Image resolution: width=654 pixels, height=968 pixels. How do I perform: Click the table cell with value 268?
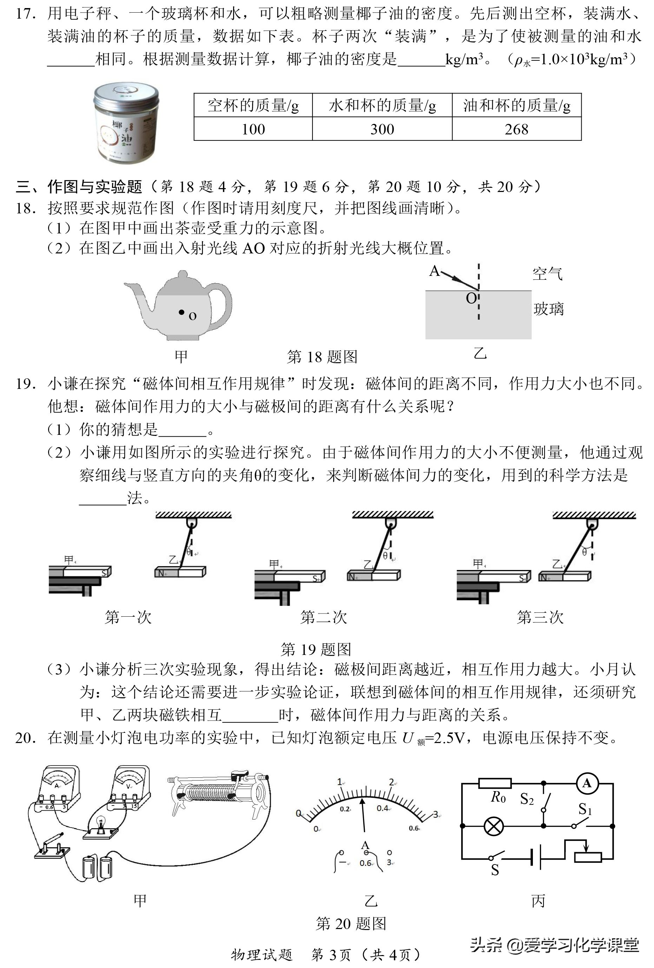tap(516, 129)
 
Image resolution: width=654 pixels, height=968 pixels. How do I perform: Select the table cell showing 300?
tap(382, 129)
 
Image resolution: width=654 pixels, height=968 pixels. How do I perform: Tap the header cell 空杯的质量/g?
tap(253, 105)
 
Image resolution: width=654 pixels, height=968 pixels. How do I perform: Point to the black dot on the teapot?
tap(181, 312)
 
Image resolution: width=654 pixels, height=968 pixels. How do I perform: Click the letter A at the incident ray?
tap(434, 271)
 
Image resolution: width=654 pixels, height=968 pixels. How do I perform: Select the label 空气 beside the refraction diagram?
tap(547, 274)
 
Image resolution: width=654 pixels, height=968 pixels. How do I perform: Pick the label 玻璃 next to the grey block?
tap(548, 309)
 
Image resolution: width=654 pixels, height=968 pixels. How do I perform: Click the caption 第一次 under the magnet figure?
tap(128, 617)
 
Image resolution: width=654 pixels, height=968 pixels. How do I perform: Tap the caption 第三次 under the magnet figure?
tap(540, 617)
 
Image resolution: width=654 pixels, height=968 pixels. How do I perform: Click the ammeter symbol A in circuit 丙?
tap(587, 783)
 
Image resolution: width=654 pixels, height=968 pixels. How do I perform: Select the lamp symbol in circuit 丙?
tap(494, 826)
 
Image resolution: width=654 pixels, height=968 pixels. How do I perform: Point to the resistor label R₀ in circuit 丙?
tap(498, 797)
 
